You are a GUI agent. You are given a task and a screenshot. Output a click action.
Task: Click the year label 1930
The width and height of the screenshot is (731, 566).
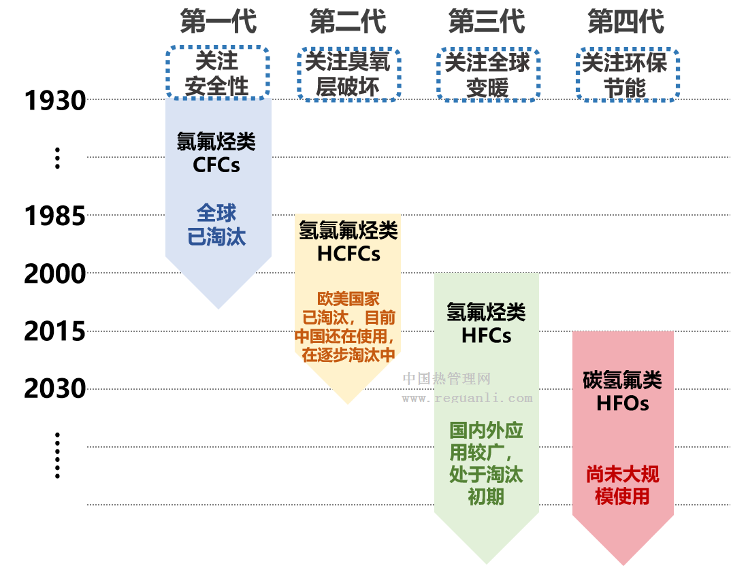pyautogui.click(x=55, y=101)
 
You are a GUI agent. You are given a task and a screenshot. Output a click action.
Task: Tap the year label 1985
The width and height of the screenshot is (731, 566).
pyautogui.click(x=55, y=216)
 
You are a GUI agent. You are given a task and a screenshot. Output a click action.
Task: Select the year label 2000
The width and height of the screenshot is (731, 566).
pyautogui.click(x=55, y=274)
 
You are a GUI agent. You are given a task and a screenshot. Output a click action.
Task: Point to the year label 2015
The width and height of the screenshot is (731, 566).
pyautogui.click(x=55, y=332)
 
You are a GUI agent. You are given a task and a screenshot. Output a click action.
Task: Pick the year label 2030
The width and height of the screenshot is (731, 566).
pyautogui.click(x=55, y=389)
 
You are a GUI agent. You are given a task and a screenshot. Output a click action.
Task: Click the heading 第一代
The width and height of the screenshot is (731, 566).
pyautogui.click(x=218, y=22)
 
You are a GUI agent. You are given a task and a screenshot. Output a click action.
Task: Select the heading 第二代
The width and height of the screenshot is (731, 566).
pyautogui.click(x=348, y=22)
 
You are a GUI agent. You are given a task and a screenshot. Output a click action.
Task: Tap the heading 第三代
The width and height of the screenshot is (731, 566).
pyautogui.click(x=487, y=22)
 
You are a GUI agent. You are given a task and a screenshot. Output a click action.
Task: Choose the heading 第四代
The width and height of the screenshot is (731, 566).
pyautogui.click(x=626, y=22)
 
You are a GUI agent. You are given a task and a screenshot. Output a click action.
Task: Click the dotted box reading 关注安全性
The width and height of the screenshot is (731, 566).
pyautogui.click(x=218, y=73)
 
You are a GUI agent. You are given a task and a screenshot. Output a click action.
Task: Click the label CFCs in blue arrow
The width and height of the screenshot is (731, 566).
pyautogui.click(x=216, y=165)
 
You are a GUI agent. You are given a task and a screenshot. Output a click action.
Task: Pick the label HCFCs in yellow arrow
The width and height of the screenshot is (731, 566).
pyautogui.click(x=348, y=254)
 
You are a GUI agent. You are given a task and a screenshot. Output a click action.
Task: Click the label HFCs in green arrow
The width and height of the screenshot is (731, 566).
pyautogui.click(x=486, y=335)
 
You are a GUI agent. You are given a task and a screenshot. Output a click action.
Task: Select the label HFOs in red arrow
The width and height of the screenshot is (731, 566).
pyautogui.click(x=623, y=403)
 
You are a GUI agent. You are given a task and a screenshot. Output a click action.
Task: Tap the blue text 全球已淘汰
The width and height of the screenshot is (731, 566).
pyautogui.click(x=216, y=224)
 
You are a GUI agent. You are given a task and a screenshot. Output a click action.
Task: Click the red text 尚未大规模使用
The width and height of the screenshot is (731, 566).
pyautogui.click(x=623, y=485)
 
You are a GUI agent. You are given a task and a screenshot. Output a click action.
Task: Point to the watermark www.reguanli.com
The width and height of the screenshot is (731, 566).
pyautogui.click(x=467, y=398)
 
